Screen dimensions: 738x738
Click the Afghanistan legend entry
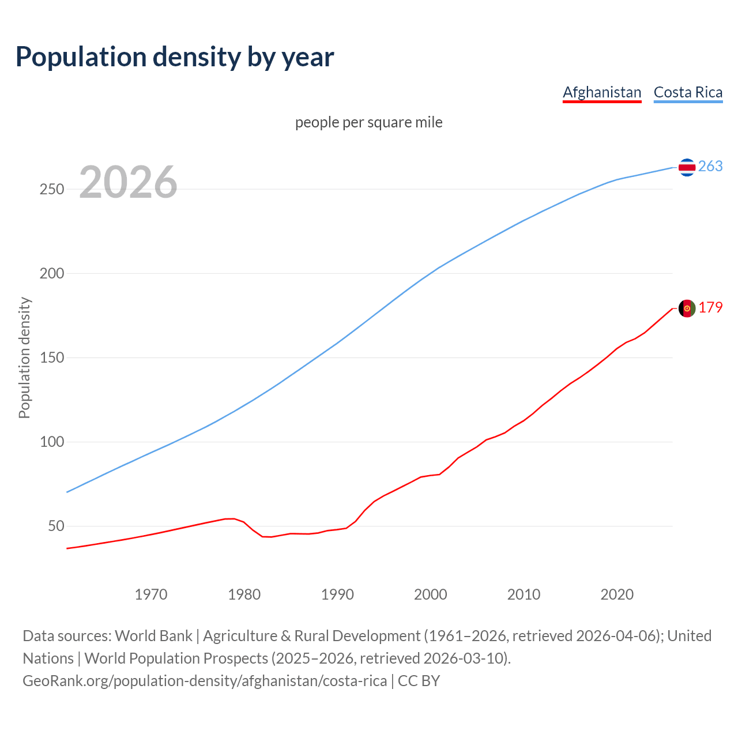(602, 92)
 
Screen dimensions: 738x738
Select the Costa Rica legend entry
(688, 92)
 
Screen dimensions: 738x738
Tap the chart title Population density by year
(175, 57)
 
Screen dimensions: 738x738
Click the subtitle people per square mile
(369, 122)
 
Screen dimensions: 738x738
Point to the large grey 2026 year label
(128, 182)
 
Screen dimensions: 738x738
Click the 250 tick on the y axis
(51, 189)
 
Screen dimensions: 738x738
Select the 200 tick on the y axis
(51, 273)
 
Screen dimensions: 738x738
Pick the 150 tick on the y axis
(51, 357)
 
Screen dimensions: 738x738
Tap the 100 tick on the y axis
(51, 442)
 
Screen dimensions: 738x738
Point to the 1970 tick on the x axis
(151, 594)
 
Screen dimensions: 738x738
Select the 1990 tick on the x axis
(337, 594)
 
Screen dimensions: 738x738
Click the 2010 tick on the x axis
(524, 594)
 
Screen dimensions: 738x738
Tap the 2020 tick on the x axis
(617, 594)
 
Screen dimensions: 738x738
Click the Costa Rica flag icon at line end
(687, 167)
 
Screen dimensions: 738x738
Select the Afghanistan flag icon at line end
(687, 308)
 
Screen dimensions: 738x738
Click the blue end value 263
(710, 167)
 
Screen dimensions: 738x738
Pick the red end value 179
(710, 308)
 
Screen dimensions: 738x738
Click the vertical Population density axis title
(24, 357)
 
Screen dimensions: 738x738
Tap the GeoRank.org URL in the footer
(205, 681)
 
